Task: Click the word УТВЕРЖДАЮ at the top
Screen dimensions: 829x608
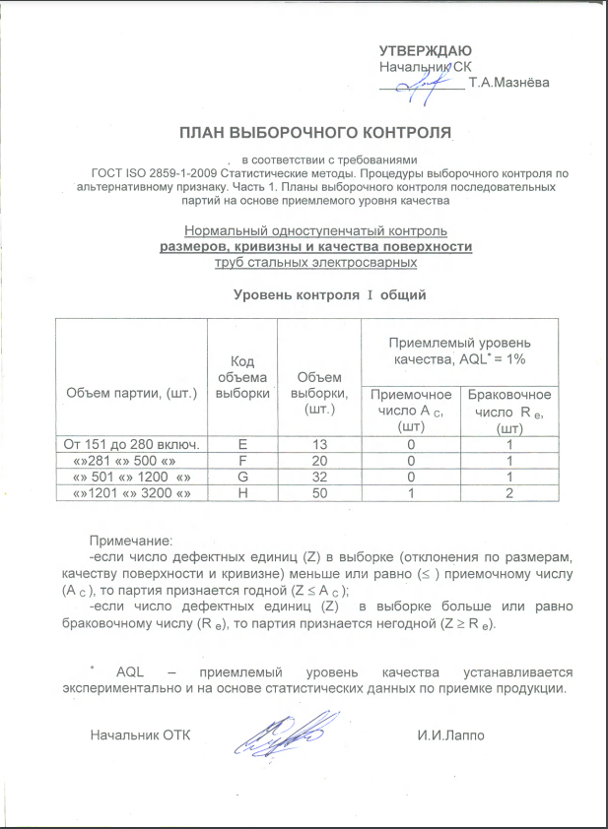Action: coord(426,51)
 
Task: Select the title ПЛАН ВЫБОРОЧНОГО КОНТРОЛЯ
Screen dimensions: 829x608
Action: coord(315,131)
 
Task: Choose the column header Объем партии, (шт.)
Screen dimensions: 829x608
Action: coord(132,393)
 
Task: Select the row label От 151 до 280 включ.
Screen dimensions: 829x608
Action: coord(132,444)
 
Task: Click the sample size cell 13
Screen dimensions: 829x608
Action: coord(317,444)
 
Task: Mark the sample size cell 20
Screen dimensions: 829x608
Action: coord(317,460)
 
